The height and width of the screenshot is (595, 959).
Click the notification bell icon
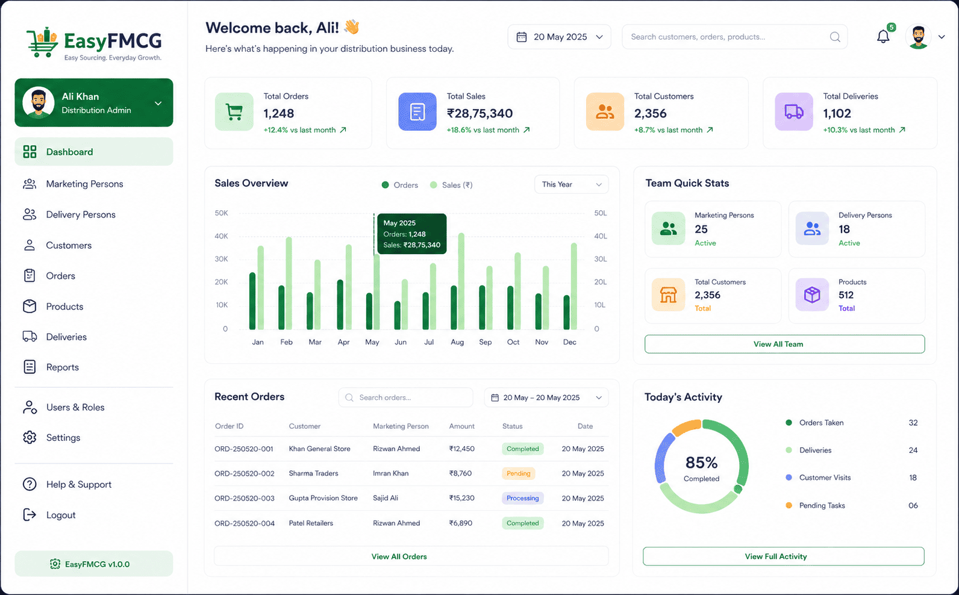point(882,37)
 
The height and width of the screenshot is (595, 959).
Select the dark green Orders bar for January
point(252,301)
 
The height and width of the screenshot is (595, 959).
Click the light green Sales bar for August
point(461,281)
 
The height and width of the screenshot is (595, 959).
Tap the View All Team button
point(784,344)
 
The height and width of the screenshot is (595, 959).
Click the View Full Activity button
point(784,556)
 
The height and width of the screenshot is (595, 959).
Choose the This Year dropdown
point(571,184)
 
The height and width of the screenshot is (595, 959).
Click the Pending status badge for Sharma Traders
point(518,473)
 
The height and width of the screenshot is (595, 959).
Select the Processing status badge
point(522,498)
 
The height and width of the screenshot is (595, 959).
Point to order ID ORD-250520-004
point(245,523)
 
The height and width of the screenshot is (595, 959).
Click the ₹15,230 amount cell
point(461,498)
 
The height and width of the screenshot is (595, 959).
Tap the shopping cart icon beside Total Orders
point(234,112)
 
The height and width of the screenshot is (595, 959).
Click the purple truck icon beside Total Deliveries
point(794,112)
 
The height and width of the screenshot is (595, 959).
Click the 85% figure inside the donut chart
point(701,463)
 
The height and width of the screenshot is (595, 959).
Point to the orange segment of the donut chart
point(686,427)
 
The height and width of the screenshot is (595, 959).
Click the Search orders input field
point(405,397)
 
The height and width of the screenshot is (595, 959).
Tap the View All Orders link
point(399,556)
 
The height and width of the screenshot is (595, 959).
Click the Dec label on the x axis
point(569,342)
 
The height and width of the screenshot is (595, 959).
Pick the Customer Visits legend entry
point(819,478)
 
